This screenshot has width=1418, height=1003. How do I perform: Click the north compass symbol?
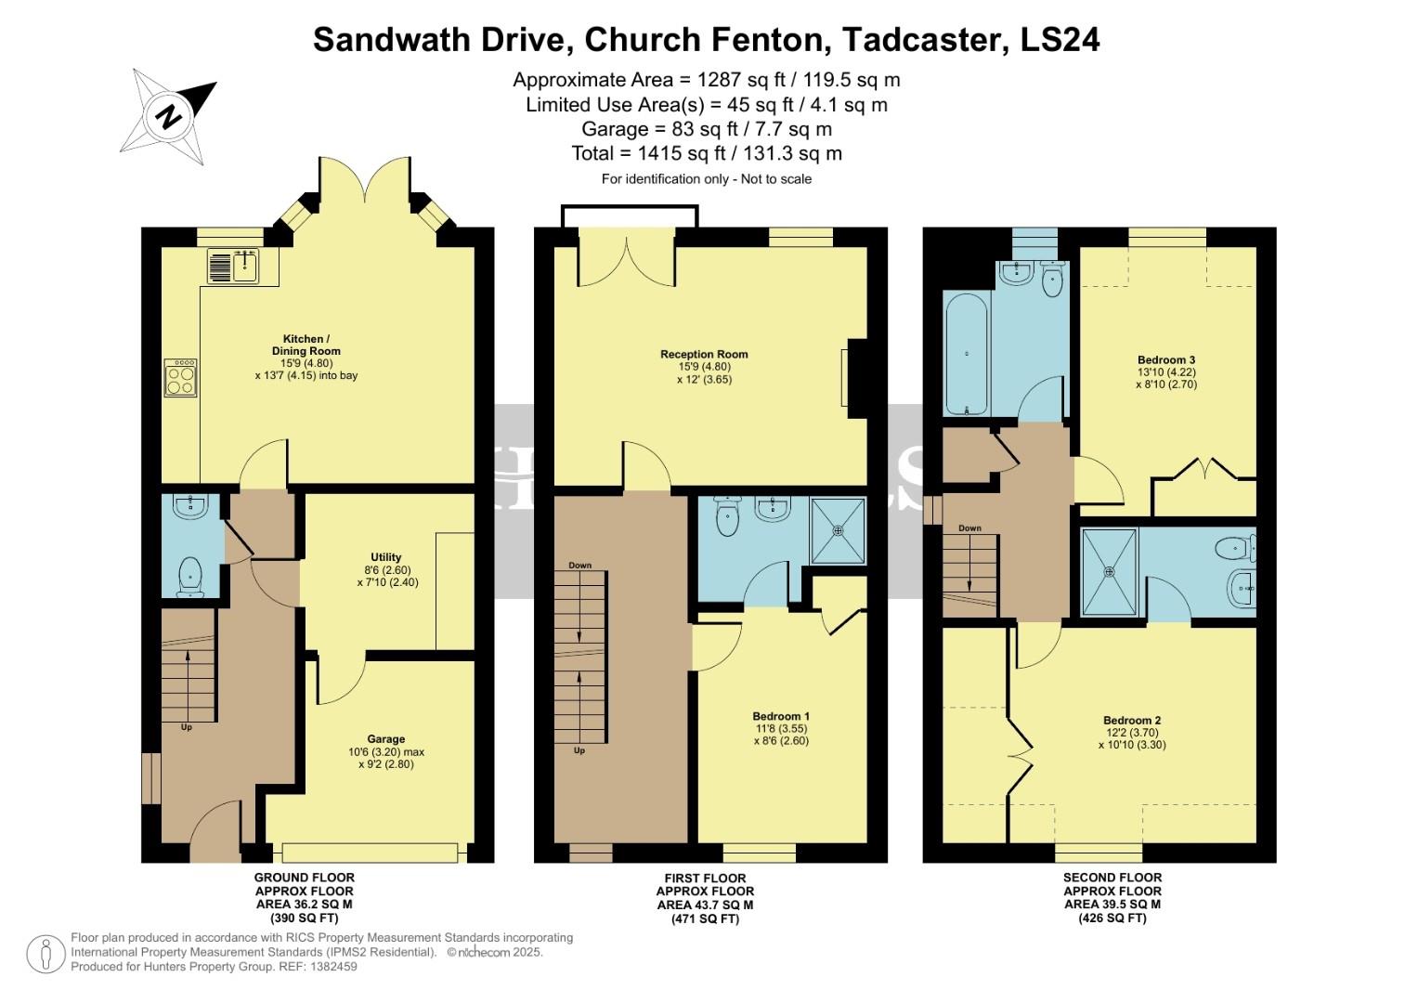pyautogui.click(x=168, y=116)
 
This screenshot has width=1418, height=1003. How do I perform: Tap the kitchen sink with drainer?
pyautogui.click(x=232, y=267)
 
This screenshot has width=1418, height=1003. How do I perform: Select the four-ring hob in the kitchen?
pyautogui.click(x=180, y=378)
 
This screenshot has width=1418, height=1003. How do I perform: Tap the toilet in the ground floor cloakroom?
pyautogui.click(x=189, y=575)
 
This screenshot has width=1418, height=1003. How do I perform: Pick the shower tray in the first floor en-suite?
pyautogui.click(x=838, y=531)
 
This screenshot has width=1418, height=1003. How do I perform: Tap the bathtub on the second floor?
pyautogui.click(x=967, y=354)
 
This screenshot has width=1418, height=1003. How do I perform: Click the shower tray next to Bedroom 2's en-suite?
pyautogui.click(x=1110, y=571)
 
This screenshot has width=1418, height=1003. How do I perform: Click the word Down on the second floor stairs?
pyautogui.click(x=969, y=528)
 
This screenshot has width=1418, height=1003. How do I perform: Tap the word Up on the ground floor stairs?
pyautogui.click(x=187, y=727)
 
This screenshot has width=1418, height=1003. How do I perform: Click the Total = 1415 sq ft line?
pyautogui.click(x=707, y=153)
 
